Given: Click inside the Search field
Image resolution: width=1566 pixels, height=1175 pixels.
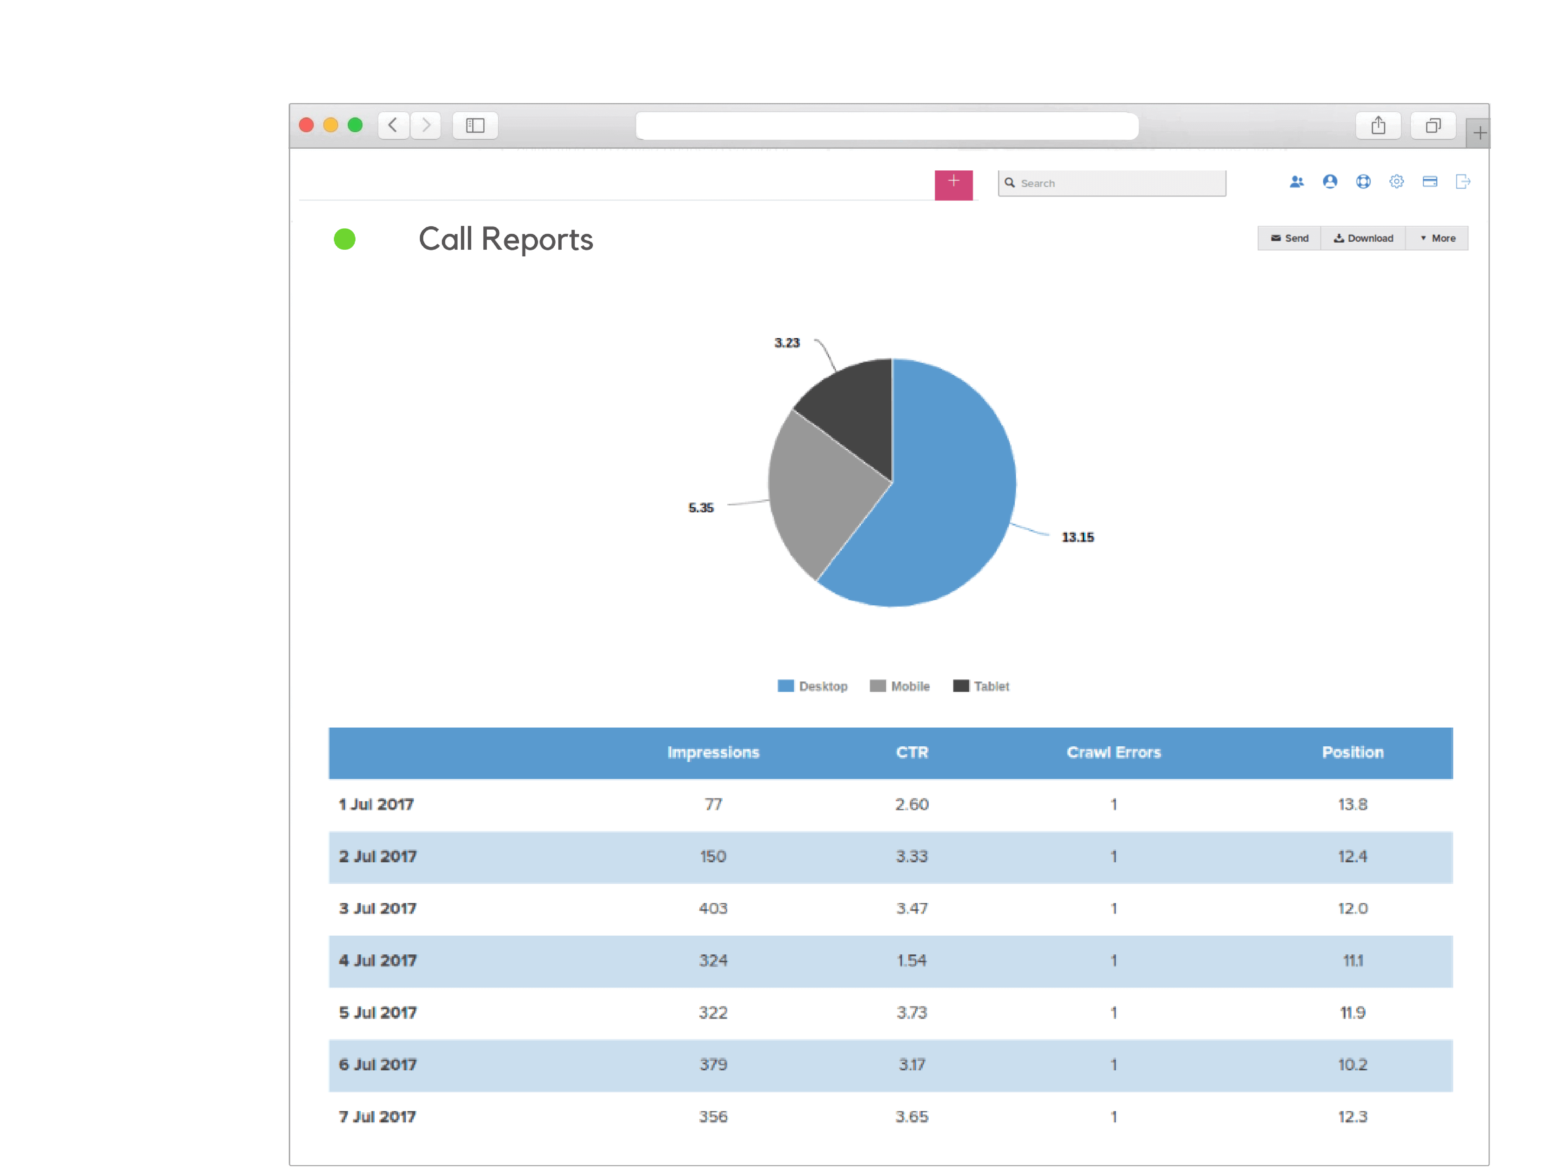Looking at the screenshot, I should [1118, 183].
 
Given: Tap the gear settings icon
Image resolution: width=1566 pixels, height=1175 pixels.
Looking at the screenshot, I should [1396, 182].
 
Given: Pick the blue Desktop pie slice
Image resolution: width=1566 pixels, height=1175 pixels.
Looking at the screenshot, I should [949, 496].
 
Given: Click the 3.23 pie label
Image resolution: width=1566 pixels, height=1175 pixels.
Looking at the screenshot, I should [786, 343].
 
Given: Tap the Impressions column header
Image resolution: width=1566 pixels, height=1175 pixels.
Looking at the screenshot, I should [713, 752].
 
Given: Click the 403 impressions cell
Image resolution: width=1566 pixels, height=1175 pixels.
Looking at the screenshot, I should [713, 908].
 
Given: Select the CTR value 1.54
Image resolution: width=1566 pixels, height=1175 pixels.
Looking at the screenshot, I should [911, 960].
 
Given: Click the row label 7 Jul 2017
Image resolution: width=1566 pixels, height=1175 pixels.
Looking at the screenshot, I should [377, 1116].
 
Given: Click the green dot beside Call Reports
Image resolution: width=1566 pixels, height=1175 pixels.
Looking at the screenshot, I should [345, 239].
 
